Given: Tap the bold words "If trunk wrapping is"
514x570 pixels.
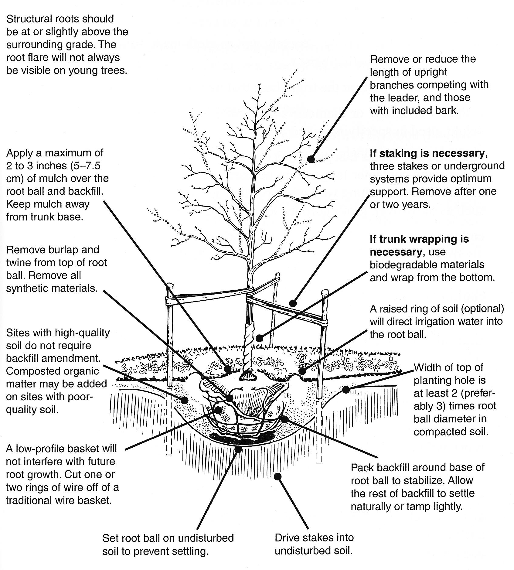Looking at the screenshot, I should (419, 239).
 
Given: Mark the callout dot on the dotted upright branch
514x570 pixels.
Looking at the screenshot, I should (311, 159).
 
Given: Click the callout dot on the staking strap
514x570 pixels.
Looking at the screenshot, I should (292, 303).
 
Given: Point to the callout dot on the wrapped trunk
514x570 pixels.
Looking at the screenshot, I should (259, 338).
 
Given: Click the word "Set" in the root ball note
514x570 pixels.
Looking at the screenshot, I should (110, 538).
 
